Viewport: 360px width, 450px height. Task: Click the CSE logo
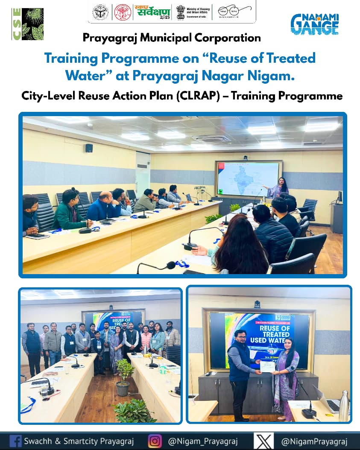coord(28,24)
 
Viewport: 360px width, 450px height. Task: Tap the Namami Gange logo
coord(314,24)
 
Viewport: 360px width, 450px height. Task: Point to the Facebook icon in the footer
coord(15,441)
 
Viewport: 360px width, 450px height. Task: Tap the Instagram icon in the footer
coord(155,441)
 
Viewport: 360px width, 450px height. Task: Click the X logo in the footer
coord(263,441)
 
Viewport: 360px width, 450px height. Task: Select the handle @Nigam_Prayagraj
coord(203,441)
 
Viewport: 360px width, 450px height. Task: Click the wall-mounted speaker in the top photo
coord(89,148)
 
